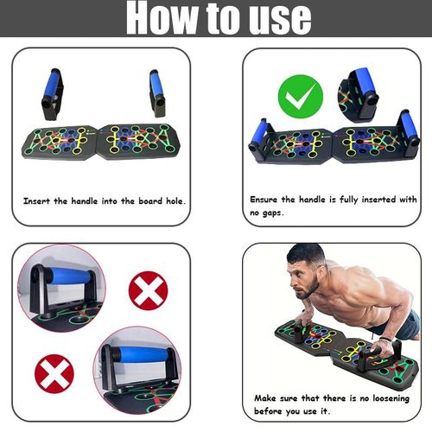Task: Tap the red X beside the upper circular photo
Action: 148,291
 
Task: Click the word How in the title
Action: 168,18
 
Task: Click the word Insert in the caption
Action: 39,200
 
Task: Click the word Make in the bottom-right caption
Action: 267,397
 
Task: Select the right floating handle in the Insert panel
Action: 157,92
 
